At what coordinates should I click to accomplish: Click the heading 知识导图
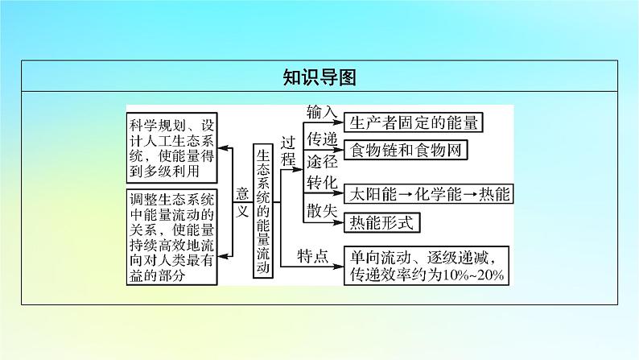click(x=319, y=77)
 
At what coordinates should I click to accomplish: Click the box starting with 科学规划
click(x=173, y=149)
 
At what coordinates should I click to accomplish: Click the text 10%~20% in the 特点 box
click(x=472, y=275)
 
